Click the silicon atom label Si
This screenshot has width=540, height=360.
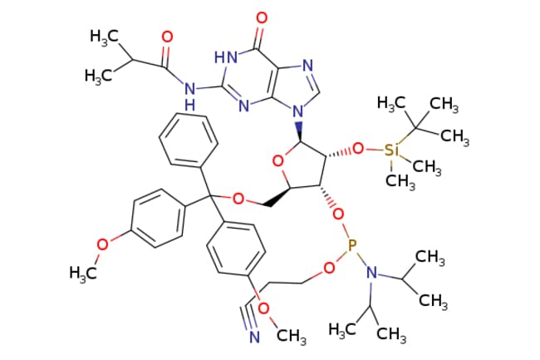391,150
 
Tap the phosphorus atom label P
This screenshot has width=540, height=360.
352,245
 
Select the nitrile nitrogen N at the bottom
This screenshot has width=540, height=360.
254,337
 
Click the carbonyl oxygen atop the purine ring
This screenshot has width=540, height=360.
263,18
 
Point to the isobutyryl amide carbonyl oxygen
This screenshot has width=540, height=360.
167,37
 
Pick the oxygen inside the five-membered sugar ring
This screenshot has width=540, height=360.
277,160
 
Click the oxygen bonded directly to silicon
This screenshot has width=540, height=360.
358,149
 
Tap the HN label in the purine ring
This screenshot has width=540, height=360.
226,57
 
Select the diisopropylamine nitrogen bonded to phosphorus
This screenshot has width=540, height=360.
371,273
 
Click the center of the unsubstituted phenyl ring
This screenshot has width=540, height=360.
189,139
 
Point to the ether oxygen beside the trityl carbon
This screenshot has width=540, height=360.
238,199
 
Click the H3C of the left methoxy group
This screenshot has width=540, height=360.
82,274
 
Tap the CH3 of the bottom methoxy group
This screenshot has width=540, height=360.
292,335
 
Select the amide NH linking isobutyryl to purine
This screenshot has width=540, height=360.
189,96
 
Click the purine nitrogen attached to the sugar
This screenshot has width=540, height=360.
298,111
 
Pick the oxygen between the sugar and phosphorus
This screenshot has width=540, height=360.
339,215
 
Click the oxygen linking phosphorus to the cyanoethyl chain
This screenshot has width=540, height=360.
330,268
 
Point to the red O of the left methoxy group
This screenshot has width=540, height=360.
102,244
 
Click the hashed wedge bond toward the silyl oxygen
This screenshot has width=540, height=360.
339,153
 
